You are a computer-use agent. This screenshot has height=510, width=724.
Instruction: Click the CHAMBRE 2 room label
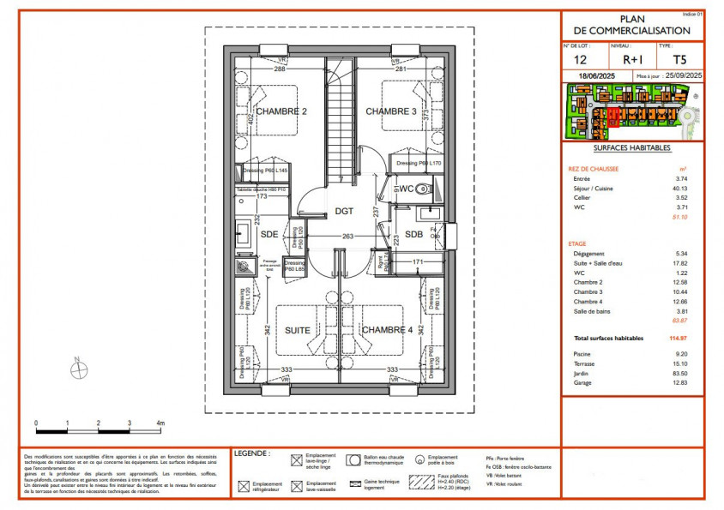281,111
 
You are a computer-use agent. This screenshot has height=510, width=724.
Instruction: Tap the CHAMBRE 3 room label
391,111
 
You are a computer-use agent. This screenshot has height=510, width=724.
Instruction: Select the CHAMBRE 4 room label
387,330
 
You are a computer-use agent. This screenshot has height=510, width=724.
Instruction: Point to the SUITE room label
298,330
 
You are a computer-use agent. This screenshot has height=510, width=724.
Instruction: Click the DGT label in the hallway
344,211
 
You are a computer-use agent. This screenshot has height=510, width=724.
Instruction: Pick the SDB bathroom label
413,235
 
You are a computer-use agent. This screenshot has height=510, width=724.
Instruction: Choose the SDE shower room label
269,235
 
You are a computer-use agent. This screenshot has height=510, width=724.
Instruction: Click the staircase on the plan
341,120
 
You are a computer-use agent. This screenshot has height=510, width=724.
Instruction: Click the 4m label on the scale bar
160,423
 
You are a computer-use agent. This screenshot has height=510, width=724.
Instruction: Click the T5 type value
679,60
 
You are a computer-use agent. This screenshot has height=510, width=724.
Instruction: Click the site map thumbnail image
633,111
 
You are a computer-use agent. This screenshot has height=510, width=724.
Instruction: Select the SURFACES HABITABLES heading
633,147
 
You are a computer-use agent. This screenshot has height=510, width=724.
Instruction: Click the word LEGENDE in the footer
252,453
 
